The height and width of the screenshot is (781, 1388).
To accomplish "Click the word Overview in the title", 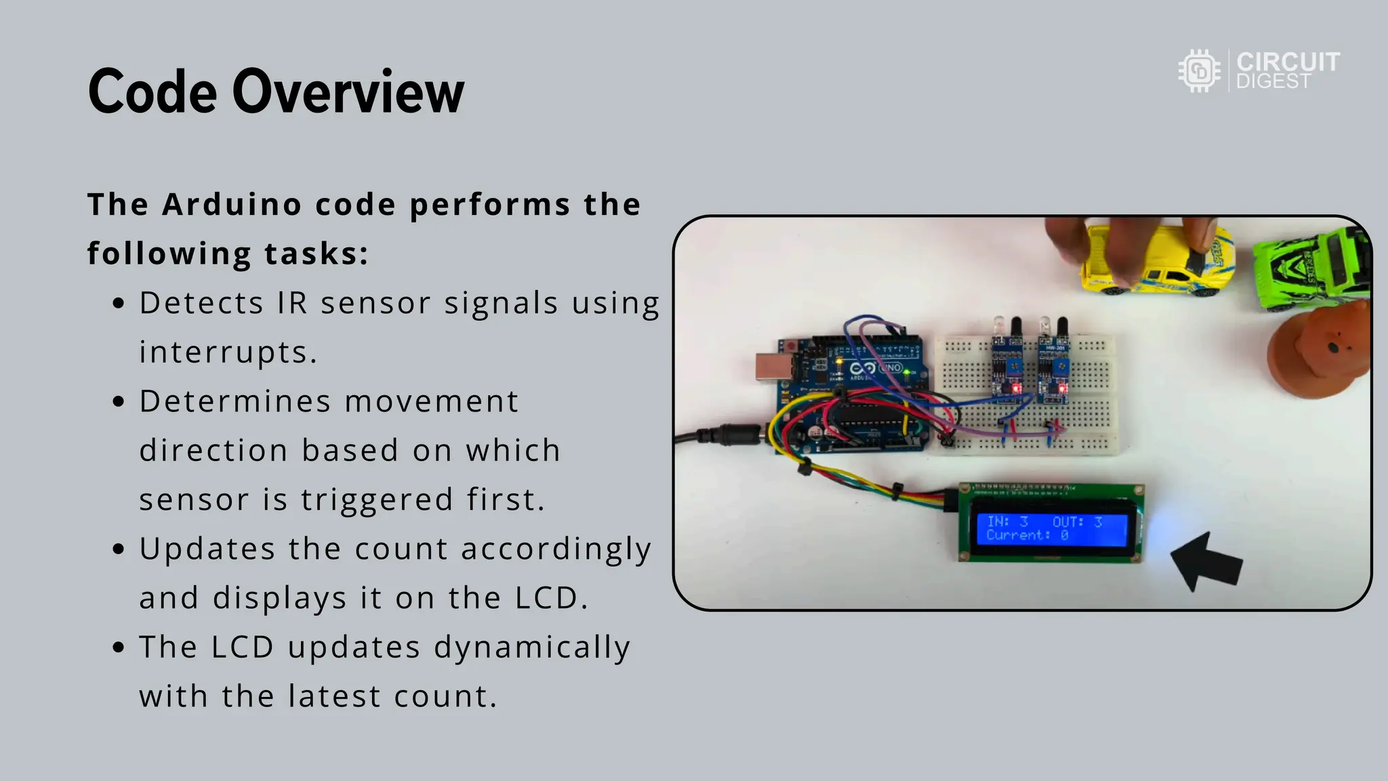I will point(348,92).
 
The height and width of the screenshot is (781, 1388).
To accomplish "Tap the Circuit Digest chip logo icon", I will point(1200,71).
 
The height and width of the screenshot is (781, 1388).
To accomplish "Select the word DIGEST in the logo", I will point(1273,81).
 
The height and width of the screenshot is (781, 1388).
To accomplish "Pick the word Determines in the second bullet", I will point(235,401).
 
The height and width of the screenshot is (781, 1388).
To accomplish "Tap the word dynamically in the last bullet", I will point(532,647).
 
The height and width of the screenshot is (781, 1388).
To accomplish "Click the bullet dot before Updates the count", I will point(119,548).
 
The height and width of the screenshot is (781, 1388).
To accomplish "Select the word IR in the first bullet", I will point(292,303).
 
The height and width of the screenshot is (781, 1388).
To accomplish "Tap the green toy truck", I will point(1311,270).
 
